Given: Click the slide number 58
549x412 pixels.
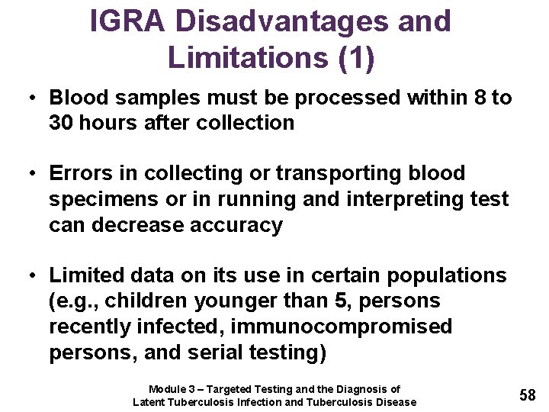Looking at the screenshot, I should (528, 394).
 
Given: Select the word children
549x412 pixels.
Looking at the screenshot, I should (140, 301).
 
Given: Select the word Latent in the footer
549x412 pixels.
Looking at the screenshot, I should (150, 402).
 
